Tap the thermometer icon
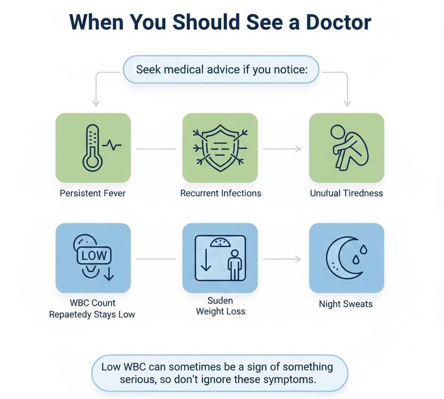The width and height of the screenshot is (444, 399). pyautogui.click(x=92, y=147)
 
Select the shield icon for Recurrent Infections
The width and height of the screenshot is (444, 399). pyautogui.click(x=220, y=147)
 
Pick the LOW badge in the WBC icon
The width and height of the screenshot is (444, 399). pyautogui.click(x=94, y=255)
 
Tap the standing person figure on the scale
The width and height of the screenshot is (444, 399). pyautogui.click(x=235, y=265)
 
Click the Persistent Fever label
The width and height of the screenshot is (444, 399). pyautogui.click(x=92, y=193)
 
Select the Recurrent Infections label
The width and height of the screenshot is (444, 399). pyautogui.click(x=221, y=193)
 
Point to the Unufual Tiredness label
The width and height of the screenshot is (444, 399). pyautogui.click(x=346, y=193)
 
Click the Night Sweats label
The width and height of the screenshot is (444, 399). pyautogui.click(x=346, y=304)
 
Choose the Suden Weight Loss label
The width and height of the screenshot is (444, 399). pyautogui.click(x=220, y=306)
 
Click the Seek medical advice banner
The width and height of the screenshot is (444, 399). pyautogui.click(x=221, y=69)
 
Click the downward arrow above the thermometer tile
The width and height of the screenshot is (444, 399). pyautogui.click(x=96, y=102)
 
